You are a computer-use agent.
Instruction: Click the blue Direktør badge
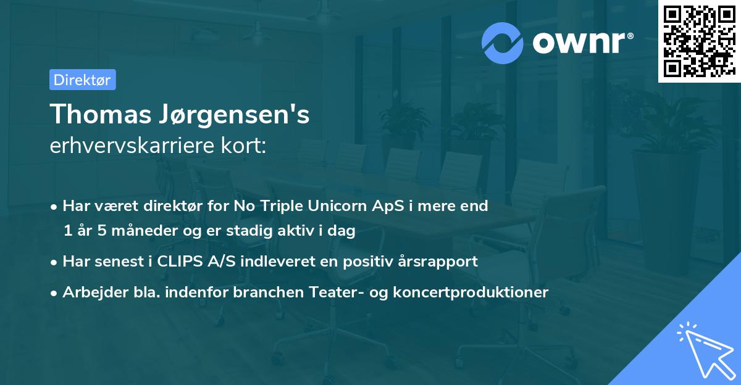click(82, 80)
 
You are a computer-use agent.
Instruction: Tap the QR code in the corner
click(699, 41)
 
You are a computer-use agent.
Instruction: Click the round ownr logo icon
click(503, 43)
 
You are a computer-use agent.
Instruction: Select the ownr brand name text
click(583, 43)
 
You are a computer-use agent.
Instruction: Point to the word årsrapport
click(441, 262)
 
